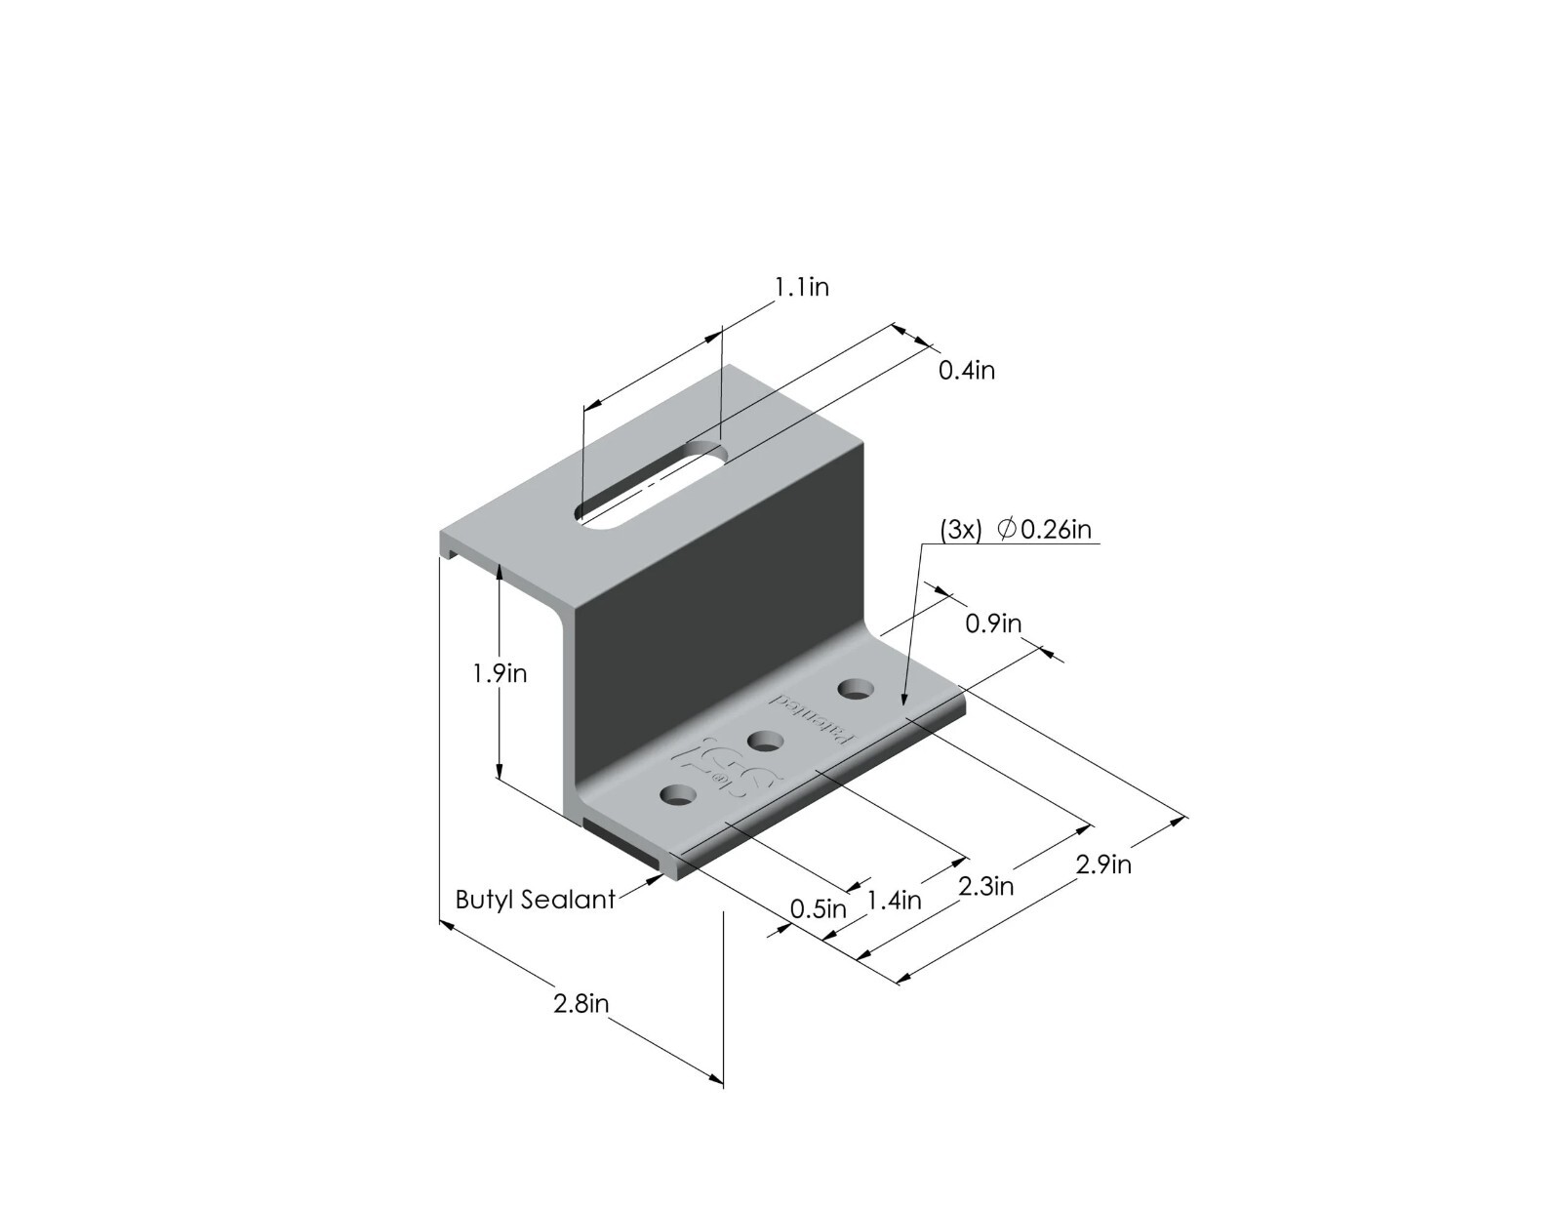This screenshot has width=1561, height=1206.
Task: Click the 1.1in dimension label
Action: pos(801,287)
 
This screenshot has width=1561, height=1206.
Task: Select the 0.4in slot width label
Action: pos(966,371)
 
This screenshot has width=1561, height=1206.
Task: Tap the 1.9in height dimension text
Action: pos(500,673)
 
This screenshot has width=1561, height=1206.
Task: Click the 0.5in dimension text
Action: pos(818,909)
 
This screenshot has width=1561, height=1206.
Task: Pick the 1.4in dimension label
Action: pos(894,900)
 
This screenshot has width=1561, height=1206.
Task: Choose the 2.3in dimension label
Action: pos(985,886)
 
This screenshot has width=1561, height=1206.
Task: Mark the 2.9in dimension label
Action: pos(1103,864)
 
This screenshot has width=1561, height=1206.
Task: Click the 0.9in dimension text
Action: pos(993,623)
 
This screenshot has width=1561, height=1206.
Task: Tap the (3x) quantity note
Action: pos(960,529)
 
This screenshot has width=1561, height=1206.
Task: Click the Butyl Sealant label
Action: pos(536,899)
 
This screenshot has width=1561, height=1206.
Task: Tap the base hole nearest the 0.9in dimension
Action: pos(856,689)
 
